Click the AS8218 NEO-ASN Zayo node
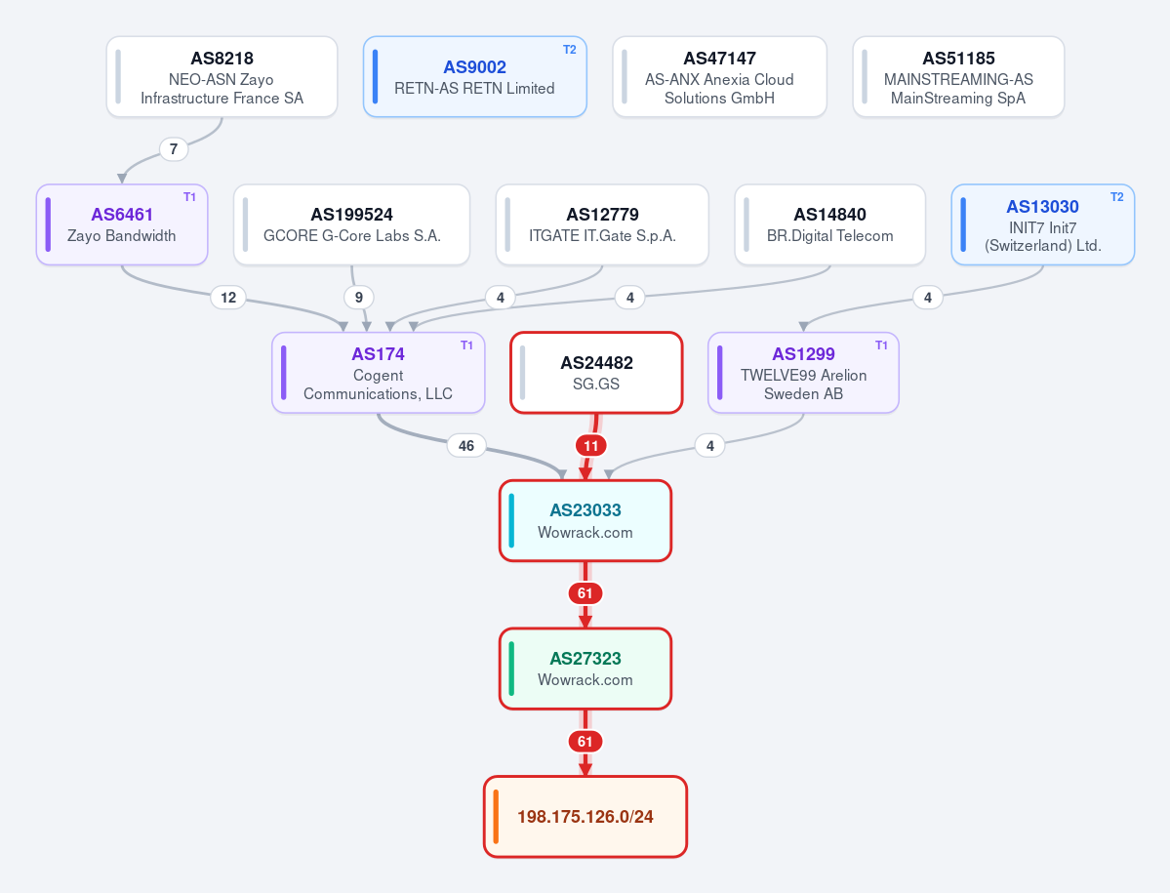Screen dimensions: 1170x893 pyautogui.click(x=222, y=77)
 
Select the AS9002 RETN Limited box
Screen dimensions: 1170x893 pyautogui.click(x=474, y=77)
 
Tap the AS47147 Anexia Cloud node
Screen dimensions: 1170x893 pyautogui.click(x=719, y=77)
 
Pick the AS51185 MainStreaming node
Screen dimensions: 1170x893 pyautogui.click(x=958, y=77)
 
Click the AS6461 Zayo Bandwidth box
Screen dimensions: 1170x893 pyautogui.click(x=122, y=224)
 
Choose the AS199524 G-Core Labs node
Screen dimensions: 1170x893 pyautogui.click(x=351, y=224)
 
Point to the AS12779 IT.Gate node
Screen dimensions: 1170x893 pyautogui.click(x=602, y=224)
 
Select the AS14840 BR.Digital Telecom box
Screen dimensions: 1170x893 pyautogui.click(x=829, y=224)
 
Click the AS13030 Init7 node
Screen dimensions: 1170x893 pyautogui.click(x=1042, y=224)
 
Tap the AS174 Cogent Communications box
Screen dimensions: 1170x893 pyautogui.click(x=379, y=372)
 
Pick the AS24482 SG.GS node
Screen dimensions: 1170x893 pyautogui.click(x=596, y=372)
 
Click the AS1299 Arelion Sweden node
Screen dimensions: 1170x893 pyautogui.click(x=803, y=372)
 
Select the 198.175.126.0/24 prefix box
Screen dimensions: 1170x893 pyautogui.click(x=585, y=817)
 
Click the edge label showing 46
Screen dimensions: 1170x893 pyautogui.click(x=466, y=445)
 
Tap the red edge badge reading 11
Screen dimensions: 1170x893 pyautogui.click(x=591, y=445)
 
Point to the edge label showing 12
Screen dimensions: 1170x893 pyautogui.click(x=228, y=298)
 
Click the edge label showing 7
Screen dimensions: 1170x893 pyautogui.click(x=174, y=149)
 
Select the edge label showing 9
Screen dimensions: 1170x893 pyautogui.click(x=359, y=298)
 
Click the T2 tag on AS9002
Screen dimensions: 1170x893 pyautogui.click(x=569, y=49)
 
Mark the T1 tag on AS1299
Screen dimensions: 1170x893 pyautogui.click(x=881, y=345)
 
